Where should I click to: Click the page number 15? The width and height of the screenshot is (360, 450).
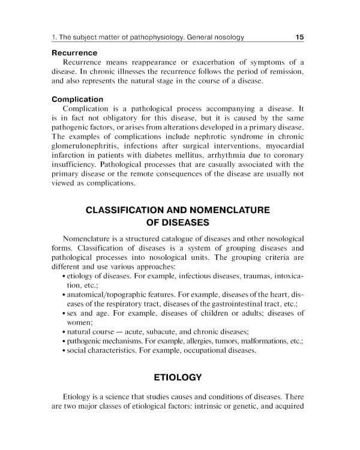pyautogui.click(x=299, y=37)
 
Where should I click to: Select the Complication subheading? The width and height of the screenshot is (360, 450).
pyautogui.click(x=77, y=99)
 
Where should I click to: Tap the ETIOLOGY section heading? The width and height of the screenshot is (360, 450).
pyautogui.click(x=178, y=377)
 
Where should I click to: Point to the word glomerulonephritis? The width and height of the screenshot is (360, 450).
pyautogui.click(x=94, y=137)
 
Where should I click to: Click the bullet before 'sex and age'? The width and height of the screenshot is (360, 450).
pyautogui.click(x=64, y=313)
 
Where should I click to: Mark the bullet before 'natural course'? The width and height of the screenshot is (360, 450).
pyautogui.click(x=64, y=332)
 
